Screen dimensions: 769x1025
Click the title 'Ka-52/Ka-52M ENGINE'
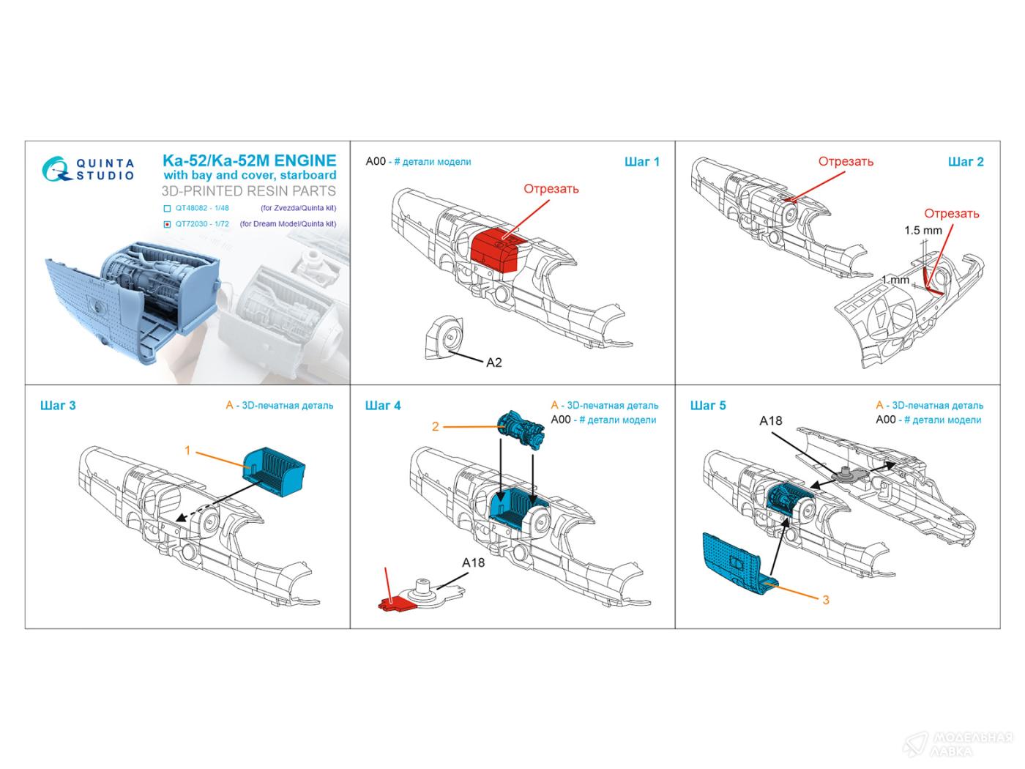[x=248, y=160]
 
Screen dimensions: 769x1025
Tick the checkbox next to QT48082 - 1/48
[x=167, y=208]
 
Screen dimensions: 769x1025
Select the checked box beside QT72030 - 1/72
[x=167, y=224]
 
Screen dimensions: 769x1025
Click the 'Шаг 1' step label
[x=642, y=162]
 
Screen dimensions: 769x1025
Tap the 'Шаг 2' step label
[x=966, y=162]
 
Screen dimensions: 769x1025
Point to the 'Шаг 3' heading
[x=58, y=406]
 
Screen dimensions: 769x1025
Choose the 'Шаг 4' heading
[x=383, y=406]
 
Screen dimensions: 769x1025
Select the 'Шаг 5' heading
[x=708, y=406]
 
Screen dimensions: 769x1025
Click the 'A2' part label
[x=494, y=363]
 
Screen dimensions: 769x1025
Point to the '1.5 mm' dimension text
[x=922, y=230]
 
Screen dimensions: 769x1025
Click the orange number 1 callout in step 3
[x=187, y=450]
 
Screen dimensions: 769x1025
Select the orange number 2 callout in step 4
[x=435, y=426]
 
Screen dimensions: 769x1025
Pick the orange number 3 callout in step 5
[x=826, y=600]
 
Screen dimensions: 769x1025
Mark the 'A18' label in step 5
[x=770, y=420]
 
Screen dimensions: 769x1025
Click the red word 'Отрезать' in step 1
[x=551, y=189]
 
